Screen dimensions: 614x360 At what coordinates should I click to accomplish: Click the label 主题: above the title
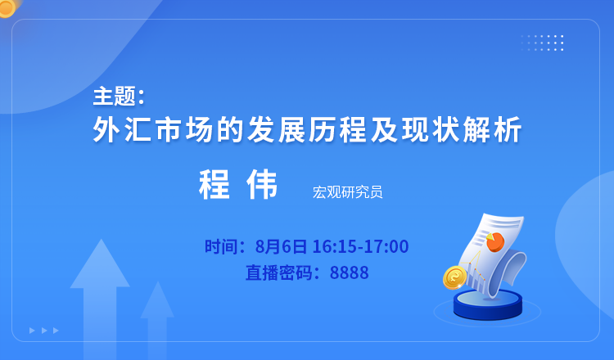tap(119, 97)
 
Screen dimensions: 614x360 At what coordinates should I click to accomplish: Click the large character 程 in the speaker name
tap(214, 184)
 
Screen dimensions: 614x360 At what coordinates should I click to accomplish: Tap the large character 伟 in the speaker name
tap(262, 184)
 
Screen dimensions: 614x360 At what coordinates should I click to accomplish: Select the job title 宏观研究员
tap(347, 192)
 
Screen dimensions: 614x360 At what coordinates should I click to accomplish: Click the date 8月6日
tap(281, 246)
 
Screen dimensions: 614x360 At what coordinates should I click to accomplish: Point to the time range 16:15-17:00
tap(360, 246)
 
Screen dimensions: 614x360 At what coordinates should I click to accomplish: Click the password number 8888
tap(350, 272)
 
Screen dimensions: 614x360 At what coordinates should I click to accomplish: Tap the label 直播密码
tap(279, 272)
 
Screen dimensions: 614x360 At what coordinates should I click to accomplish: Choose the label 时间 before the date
tap(221, 246)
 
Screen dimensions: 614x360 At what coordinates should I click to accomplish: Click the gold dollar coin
tap(454, 277)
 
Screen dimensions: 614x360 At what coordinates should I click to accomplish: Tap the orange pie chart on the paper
tap(495, 241)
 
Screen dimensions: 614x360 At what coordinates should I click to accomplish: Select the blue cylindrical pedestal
tap(488, 304)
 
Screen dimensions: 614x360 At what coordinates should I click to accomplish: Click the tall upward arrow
tap(100, 297)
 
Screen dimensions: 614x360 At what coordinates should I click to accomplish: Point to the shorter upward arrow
tap(157, 319)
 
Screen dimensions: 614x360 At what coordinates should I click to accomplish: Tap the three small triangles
tap(44, 331)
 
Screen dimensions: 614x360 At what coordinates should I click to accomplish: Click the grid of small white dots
tap(542, 43)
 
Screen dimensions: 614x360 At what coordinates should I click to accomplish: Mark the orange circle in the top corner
tap(7, 8)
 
